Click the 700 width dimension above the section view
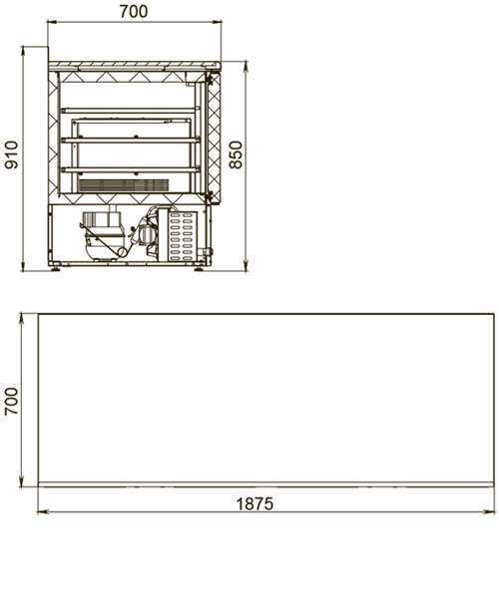pyautogui.click(x=134, y=11)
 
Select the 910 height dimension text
pyautogui.click(x=11, y=154)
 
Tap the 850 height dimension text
pyautogui.click(x=236, y=154)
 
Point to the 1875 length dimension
pyautogui.click(x=255, y=503)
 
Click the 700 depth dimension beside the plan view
pyautogui.click(x=11, y=402)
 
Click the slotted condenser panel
pyautogui.click(x=182, y=236)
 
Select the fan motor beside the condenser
pyautogui.click(x=146, y=233)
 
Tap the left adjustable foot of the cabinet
pyautogui.click(x=56, y=268)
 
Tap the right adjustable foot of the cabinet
pyautogui.click(x=199, y=268)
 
